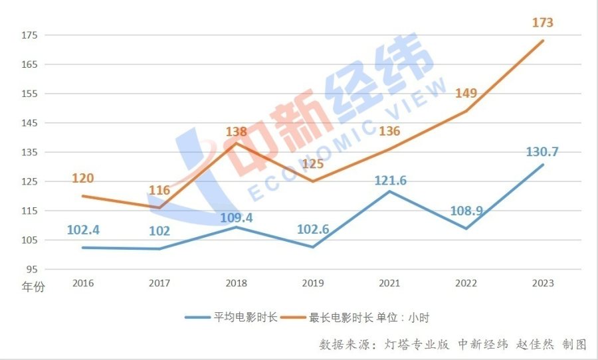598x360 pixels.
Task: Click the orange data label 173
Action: pos(543,23)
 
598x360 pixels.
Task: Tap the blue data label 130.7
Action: pos(542,151)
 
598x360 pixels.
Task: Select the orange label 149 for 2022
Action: pos(466,93)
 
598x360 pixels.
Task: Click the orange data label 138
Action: pos(237,132)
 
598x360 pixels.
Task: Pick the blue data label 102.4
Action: pos(83,230)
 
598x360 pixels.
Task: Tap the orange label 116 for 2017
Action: pos(159,191)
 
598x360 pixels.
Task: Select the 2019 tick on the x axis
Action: pos(313,284)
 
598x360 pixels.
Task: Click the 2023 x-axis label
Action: pos(543,284)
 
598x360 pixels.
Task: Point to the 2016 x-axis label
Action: pos(83,284)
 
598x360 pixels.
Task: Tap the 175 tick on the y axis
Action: pos(31,35)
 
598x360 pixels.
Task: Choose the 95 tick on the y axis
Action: pos(33,269)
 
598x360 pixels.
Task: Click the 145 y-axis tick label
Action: pos(31,123)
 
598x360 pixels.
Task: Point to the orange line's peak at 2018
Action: pos(237,143)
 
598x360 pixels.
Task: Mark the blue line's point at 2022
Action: pos(466,228)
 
